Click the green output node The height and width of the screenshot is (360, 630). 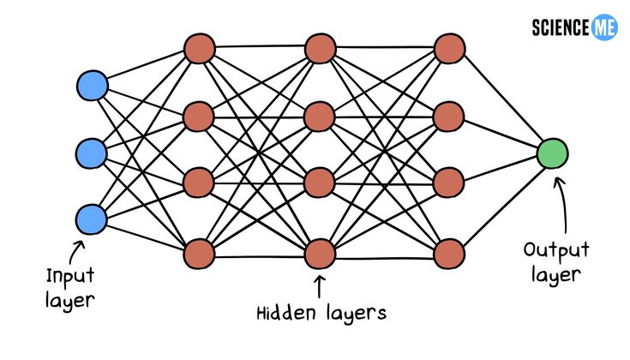pos(553,153)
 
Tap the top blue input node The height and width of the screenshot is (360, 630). pos(92,86)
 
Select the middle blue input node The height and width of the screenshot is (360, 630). pos(92,153)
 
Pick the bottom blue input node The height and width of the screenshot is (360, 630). pos(92,219)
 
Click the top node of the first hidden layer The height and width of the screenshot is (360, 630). pos(199,48)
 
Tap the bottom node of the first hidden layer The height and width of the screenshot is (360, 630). pos(199,253)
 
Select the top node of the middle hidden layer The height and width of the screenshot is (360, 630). pos(320,48)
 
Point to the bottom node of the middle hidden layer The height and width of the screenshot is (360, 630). pos(320,253)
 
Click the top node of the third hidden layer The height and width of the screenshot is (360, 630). pos(449,48)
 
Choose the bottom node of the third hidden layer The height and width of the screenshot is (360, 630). pos(449,253)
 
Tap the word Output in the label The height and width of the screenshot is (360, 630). pos(556,251)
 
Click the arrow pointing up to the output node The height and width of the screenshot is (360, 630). pos(561,201)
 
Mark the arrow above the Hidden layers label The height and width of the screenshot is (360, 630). pos(321,285)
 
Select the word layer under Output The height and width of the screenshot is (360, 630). pos(556,275)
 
